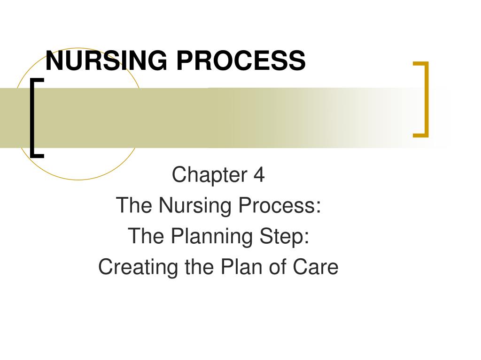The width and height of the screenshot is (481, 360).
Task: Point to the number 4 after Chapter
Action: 259,175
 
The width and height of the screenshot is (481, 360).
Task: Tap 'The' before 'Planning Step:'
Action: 146,236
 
